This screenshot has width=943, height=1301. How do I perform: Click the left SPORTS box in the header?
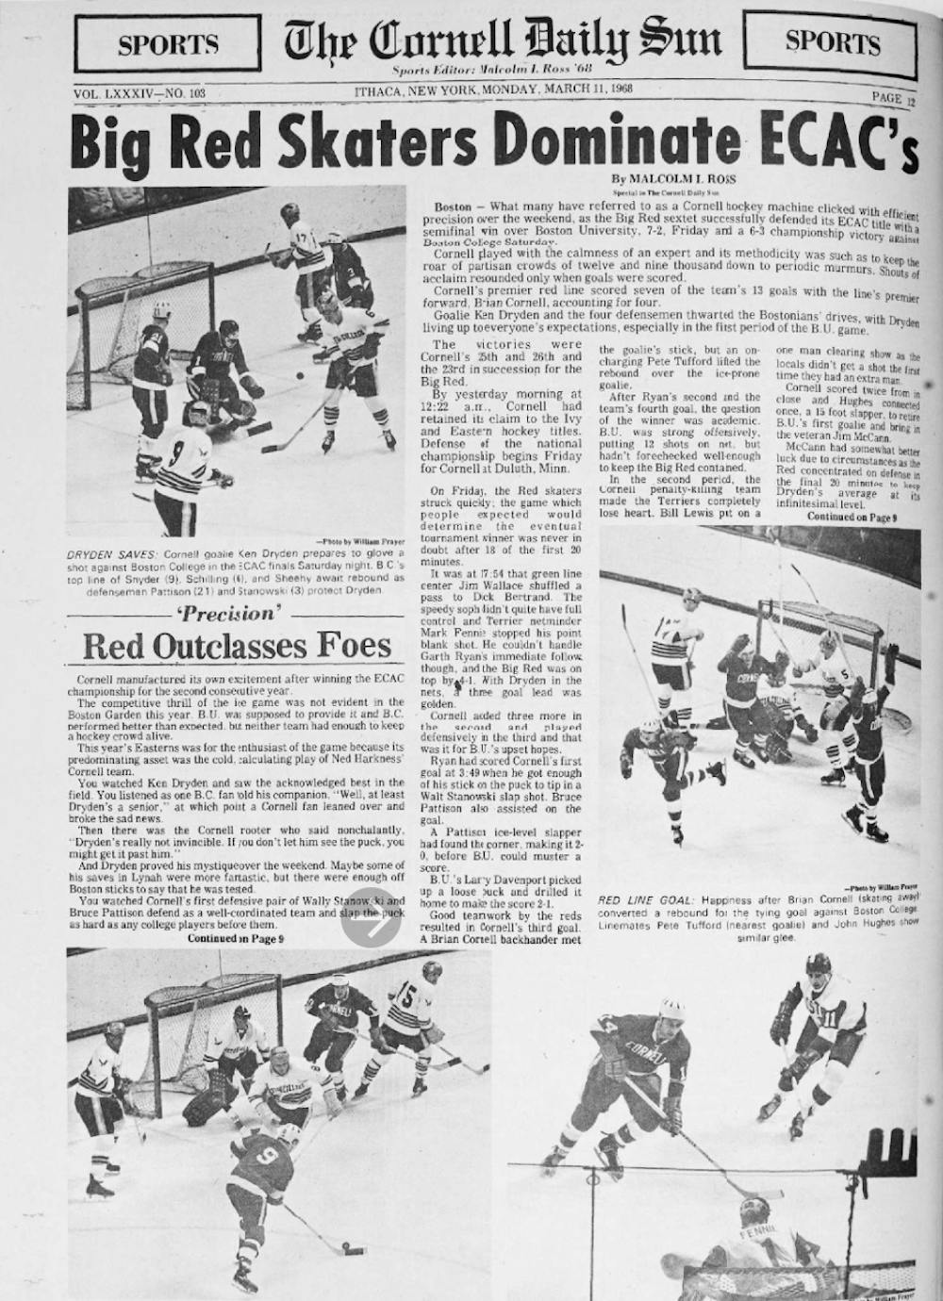tap(168, 43)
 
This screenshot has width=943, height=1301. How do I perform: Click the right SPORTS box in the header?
tap(833, 41)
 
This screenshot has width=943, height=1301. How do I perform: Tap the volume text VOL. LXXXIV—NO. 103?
tap(140, 93)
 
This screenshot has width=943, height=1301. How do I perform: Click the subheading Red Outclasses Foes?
tap(236, 646)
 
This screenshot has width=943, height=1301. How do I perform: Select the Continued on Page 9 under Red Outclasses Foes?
tap(236, 939)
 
